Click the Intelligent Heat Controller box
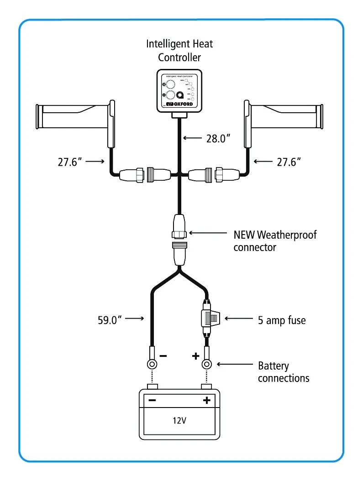click(x=179, y=91)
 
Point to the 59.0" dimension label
click(x=110, y=320)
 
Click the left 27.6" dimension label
click(x=72, y=162)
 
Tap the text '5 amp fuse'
click(x=282, y=320)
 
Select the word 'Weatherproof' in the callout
click(x=287, y=235)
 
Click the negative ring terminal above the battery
click(x=151, y=364)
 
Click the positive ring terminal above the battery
click(x=207, y=364)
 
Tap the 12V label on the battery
click(x=179, y=420)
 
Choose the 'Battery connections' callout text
click(x=284, y=372)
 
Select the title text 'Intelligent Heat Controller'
click(x=179, y=51)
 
